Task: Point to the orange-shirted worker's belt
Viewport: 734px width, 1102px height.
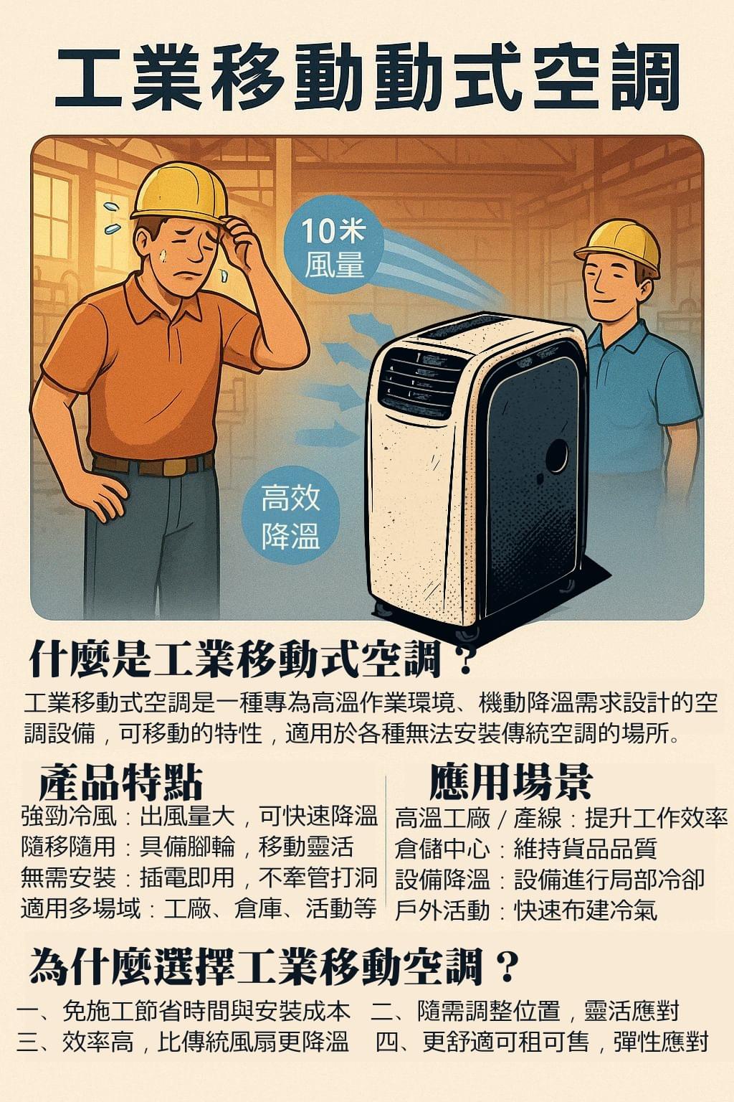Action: coord(153,464)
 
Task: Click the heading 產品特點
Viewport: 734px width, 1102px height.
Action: coord(120,782)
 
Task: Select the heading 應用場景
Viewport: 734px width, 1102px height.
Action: coord(511,782)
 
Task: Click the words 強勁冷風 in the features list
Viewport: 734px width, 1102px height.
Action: coord(69,817)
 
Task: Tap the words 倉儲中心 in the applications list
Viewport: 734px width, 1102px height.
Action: coord(442,849)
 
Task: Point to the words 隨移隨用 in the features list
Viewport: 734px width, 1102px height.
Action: coord(69,847)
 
